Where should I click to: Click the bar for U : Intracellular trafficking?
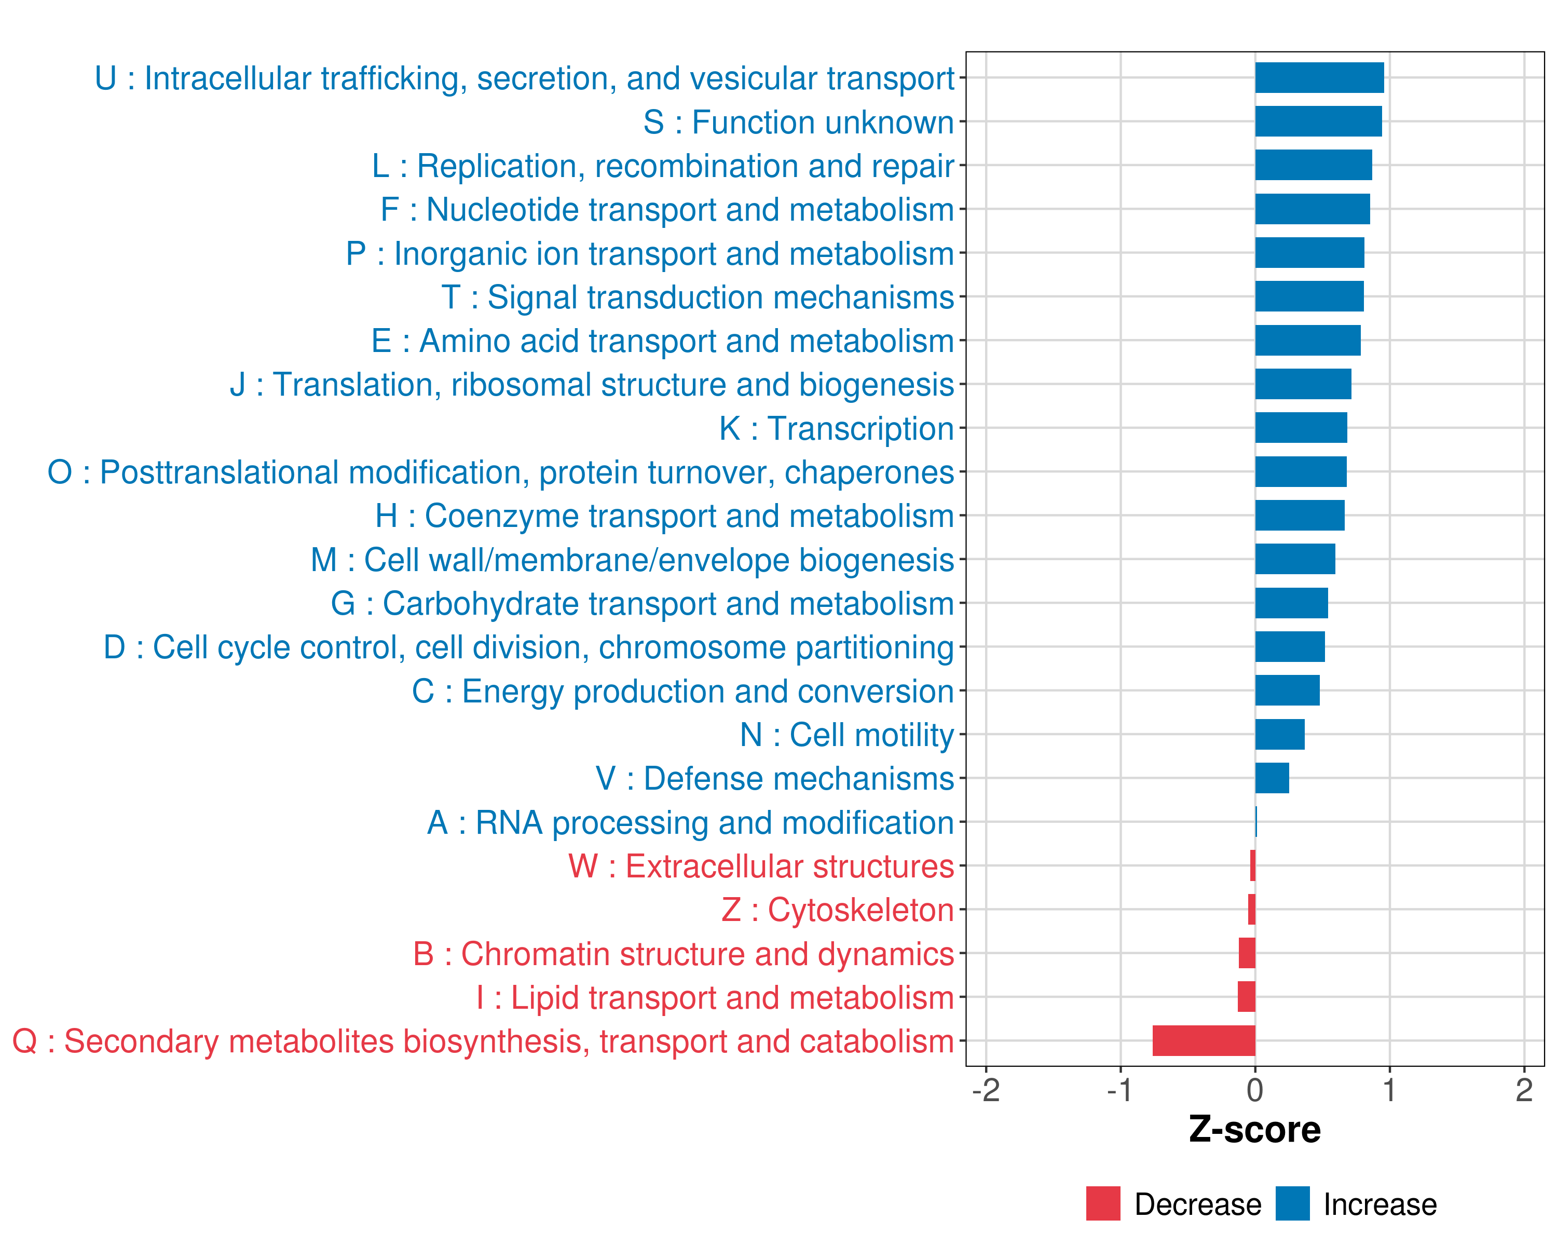(x=1319, y=78)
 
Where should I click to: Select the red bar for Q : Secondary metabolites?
(x=1204, y=1041)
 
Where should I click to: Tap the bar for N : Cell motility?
(x=1280, y=735)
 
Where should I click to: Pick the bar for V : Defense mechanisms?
(x=1272, y=778)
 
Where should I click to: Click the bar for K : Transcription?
(x=1301, y=428)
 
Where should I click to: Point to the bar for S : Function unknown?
(x=1319, y=121)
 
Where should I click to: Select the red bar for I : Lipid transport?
(x=1247, y=997)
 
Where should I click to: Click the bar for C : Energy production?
(x=1288, y=690)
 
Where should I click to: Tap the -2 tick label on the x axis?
(x=986, y=1090)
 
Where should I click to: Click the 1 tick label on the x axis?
(x=1389, y=1090)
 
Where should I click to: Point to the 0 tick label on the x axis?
(x=1255, y=1090)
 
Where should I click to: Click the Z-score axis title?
(x=1255, y=1130)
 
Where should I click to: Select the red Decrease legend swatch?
(x=1103, y=1203)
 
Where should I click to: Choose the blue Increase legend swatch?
(x=1293, y=1203)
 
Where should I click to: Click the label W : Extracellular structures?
(x=761, y=866)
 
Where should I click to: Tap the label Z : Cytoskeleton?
(x=838, y=910)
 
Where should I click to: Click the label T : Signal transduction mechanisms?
(x=698, y=297)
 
